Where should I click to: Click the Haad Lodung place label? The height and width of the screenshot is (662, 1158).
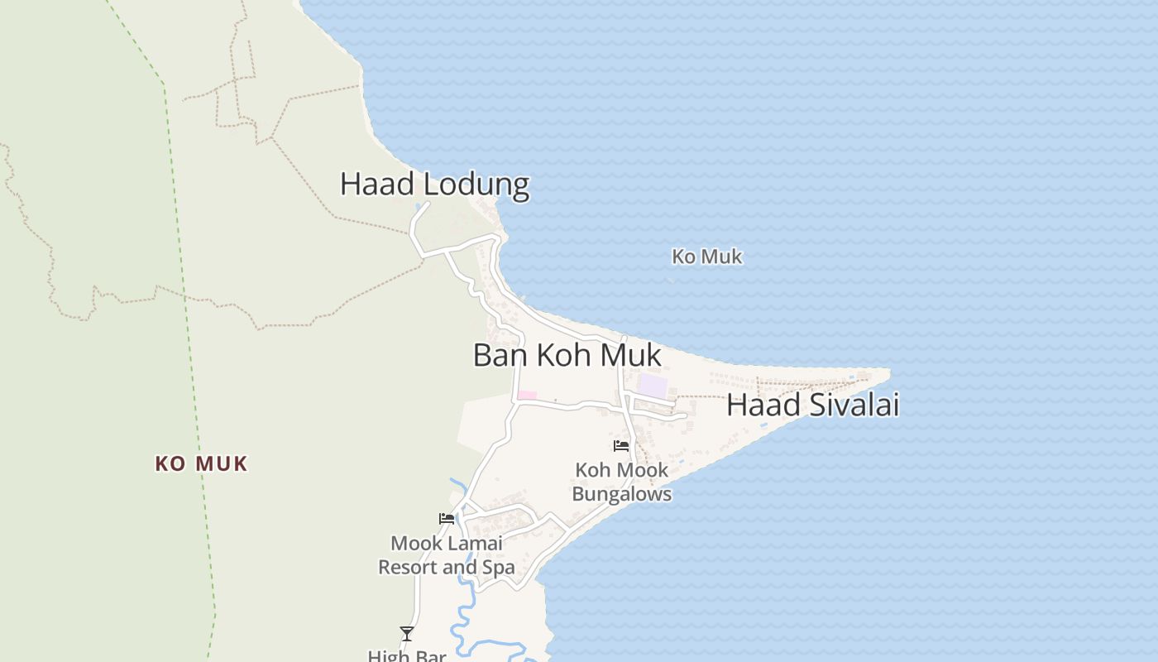434,184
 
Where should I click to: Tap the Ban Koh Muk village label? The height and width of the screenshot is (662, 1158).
567,355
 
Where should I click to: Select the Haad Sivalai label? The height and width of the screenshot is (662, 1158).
812,405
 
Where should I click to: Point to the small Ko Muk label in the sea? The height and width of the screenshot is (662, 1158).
706,257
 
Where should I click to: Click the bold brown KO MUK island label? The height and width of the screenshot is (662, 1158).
201,464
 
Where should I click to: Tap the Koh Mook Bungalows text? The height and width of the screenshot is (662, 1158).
621,482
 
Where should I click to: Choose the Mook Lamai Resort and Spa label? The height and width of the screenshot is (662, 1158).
447,555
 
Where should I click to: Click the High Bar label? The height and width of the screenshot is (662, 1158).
407,655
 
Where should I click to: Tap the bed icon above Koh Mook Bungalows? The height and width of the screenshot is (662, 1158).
621,446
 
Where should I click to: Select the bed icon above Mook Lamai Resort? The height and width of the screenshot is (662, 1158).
447,519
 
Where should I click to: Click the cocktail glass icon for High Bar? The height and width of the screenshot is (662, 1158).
407,634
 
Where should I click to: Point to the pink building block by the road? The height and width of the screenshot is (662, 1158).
527,396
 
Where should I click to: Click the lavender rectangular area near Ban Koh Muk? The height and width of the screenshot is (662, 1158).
653,386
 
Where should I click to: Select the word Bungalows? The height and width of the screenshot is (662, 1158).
621,495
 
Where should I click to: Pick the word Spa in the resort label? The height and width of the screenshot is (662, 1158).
499,568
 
